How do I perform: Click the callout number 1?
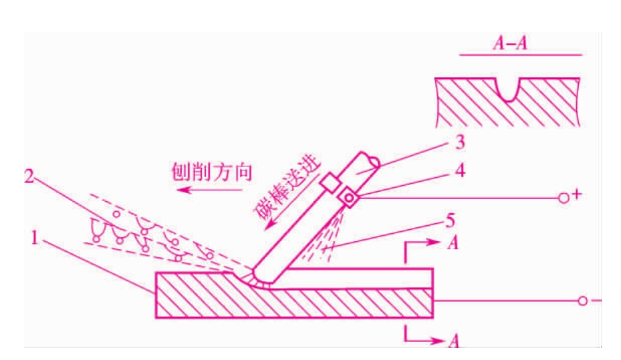click(34, 238)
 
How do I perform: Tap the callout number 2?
click(30, 176)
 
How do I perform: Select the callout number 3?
click(460, 142)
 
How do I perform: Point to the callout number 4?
click(460, 170)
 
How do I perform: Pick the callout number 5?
click(450, 221)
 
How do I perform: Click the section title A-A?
click(510, 43)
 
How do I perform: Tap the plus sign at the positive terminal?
click(577, 194)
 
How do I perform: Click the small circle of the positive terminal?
click(563, 198)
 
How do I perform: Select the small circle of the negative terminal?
click(582, 300)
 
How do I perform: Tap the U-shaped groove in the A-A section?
click(508, 92)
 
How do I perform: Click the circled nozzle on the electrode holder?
click(349, 198)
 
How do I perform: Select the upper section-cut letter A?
click(453, 243)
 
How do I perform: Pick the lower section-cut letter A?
click(454, 341)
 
